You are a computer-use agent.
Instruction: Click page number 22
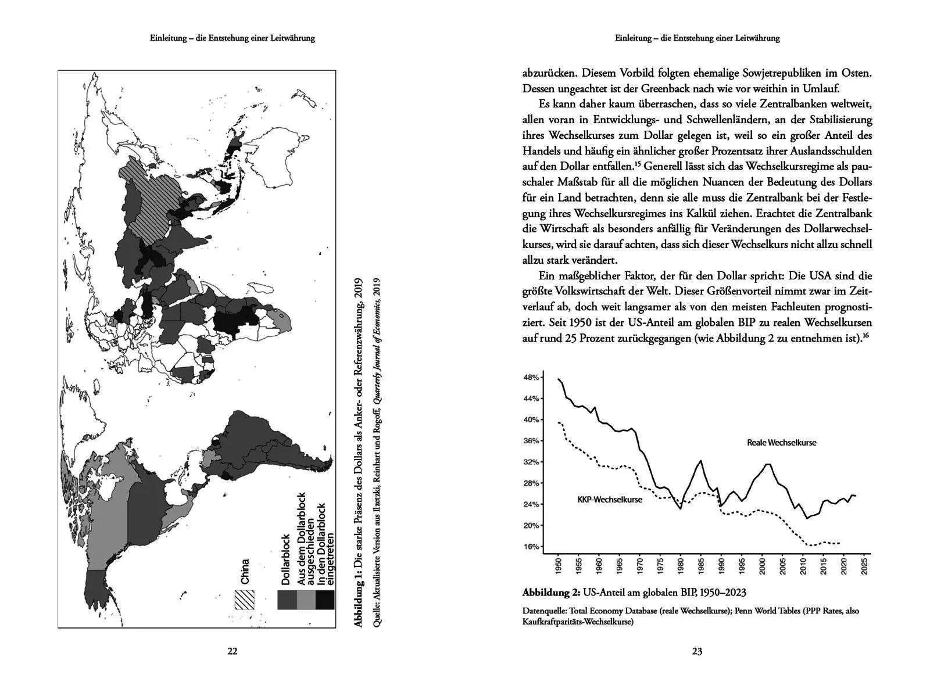click(x=232, y=651)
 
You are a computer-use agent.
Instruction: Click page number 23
click(x=697, y=651)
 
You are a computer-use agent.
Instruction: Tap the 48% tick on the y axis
click(x=532, y=377)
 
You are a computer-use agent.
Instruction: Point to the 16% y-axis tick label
click(x=532, y=547)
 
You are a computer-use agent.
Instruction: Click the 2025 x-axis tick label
click(x=865, y=566)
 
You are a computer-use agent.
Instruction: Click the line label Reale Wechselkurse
click(x=781, y=443)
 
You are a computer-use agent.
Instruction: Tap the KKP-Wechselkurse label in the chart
click(x=610, y=500)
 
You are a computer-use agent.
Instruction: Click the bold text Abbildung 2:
click(x=550, y=593)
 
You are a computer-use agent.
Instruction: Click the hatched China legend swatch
click(x=244, y=600)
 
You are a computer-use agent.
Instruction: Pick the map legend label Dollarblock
click(x=285, y=559)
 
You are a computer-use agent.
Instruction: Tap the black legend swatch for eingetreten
click(x=325, y=600)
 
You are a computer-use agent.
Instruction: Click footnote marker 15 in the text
click(x=638, y=163)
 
